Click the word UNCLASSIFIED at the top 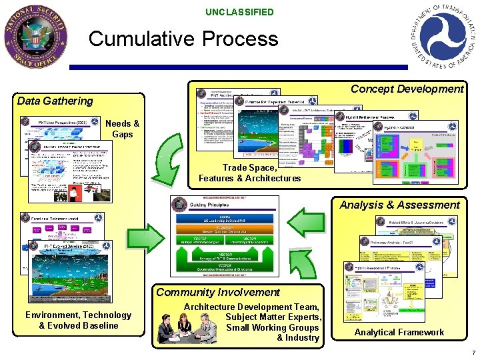(239, 12)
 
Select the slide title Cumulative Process (183, 39)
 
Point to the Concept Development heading (407, 89)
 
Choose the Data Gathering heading (55, 101)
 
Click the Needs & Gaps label (123, 129)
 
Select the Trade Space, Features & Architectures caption (249, 173)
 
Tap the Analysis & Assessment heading (399, 205)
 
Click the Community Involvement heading (218, 292)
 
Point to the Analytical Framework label (399, 332)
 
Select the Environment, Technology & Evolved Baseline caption (79, 320)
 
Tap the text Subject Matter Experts (273, 317)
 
